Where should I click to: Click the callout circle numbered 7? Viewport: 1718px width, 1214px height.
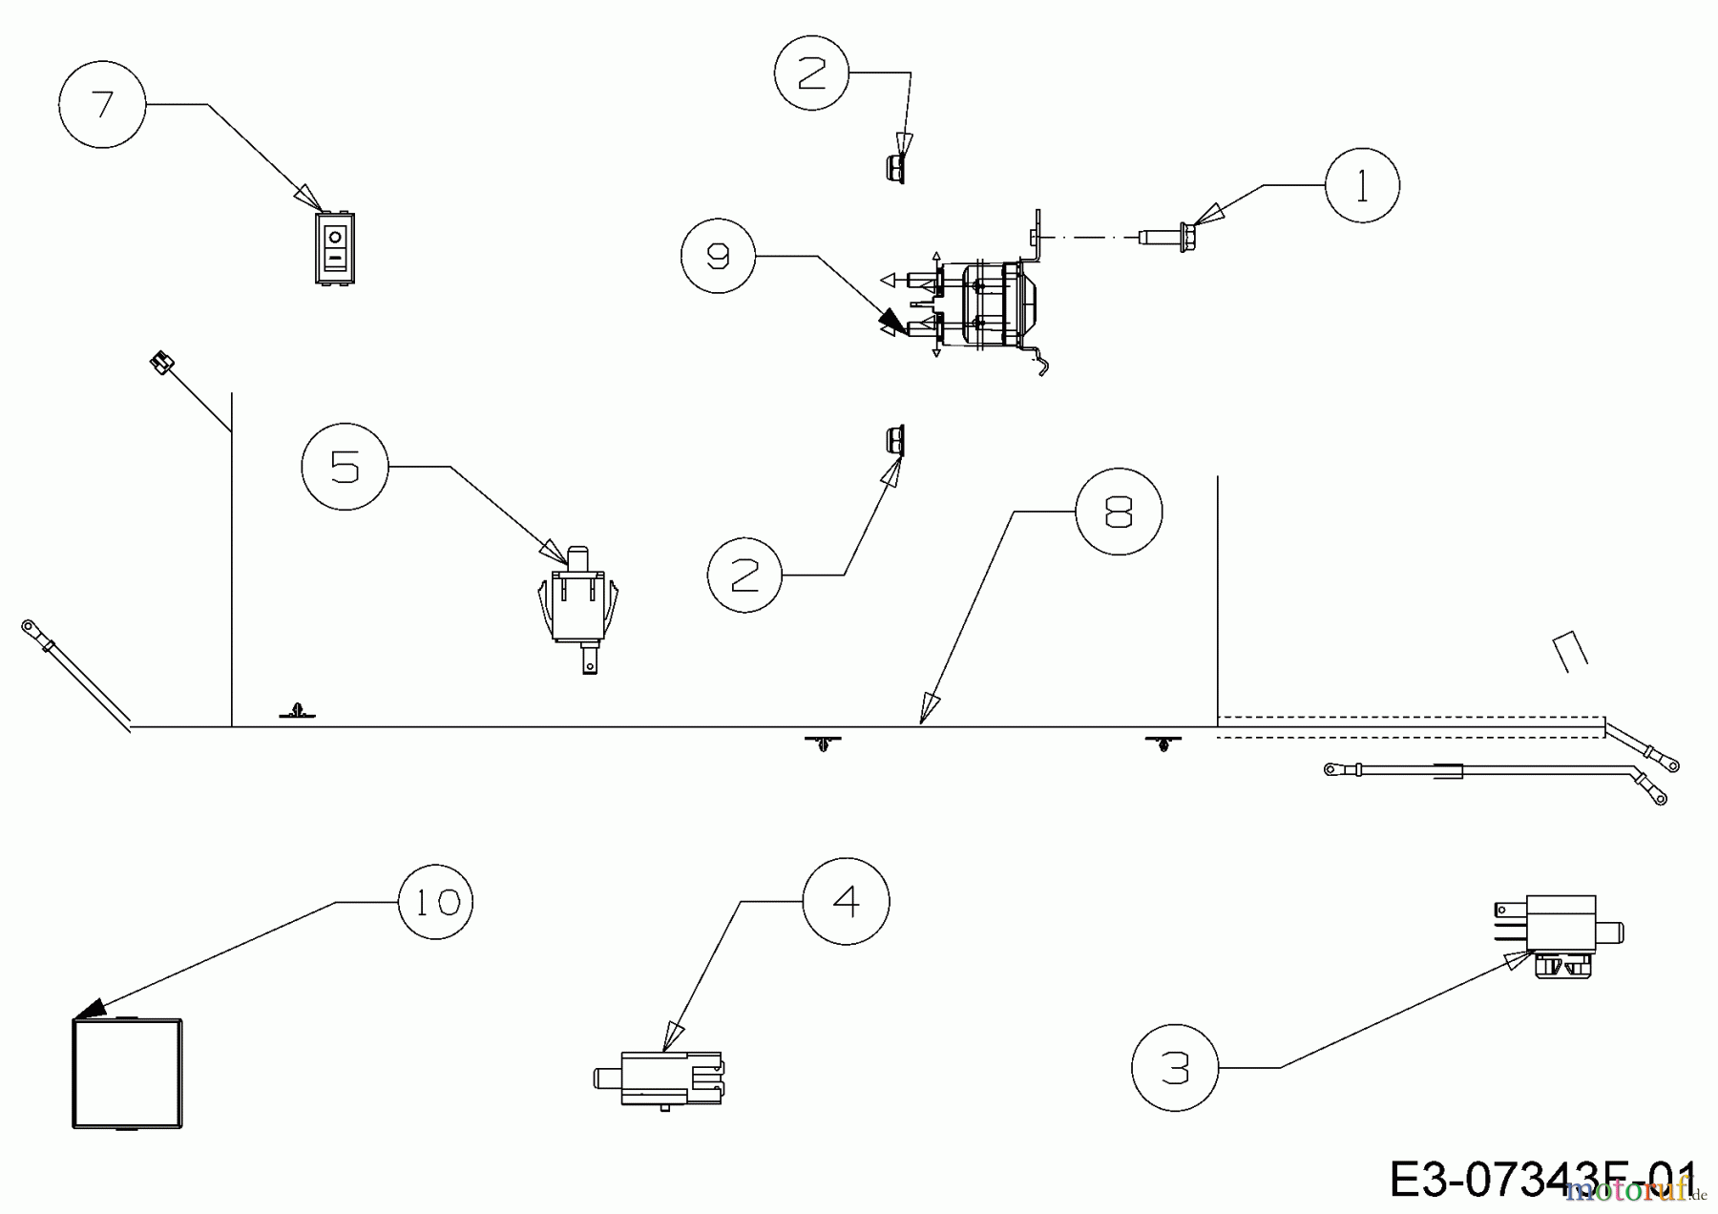pyautogui.click(x=102, y=104)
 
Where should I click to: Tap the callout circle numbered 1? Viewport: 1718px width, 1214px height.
pyautogui.click(x=1362, y=185)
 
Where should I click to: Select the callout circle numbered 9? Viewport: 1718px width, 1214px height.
pyautogui.click(x=718, y=256)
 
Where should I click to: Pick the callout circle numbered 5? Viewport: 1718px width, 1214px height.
pyautogui.click(x=345, y=467)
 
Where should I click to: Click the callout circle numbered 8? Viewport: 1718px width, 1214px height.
pyautogui.click(x=1119, y=513)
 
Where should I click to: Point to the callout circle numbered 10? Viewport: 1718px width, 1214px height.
pyautogui.click(x=435, y=902)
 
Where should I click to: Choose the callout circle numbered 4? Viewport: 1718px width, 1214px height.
pyautogui.click(x=846, y=901)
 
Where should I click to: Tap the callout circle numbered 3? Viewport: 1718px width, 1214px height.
pyautogui.click(x=1175, y=1067)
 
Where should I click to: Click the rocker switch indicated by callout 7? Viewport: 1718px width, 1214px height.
pyautogui.click(x=334, y=247)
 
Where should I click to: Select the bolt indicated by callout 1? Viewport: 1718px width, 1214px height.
pyautogui.click(x=1172, y=235)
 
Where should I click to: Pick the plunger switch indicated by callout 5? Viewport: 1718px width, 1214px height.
pyautogui.click(x=578, y=605)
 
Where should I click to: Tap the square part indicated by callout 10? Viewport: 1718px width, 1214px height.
pyautogui.click(x=127, y=1074)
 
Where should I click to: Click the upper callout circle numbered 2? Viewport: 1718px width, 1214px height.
pyautogui.click(x=810, y=73)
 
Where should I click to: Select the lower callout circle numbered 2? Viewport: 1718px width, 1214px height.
pyautogui.click(x=744, y=575)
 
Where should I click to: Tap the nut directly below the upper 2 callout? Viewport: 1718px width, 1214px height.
pyautogui.click(x=894, y=169)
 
